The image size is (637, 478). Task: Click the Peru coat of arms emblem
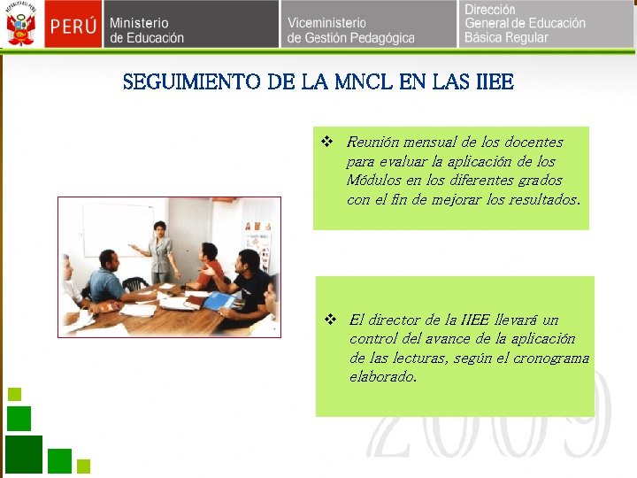coord(22,25)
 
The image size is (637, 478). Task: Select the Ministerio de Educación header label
coord(147,30)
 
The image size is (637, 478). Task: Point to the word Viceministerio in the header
coord(326,22)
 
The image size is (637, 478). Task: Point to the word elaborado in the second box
coord(382,377)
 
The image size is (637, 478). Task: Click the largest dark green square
coord(24,452)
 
